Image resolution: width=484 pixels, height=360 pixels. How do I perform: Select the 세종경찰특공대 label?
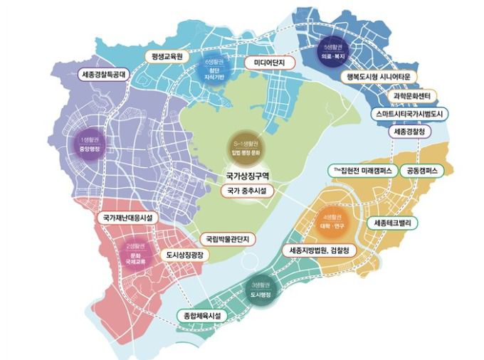tap(109, 73)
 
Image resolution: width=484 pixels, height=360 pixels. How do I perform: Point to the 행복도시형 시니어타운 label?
tap(379, 77)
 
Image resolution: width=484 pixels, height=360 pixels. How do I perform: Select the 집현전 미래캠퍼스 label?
tap(363, 171)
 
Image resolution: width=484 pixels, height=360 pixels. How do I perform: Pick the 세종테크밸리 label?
tap(396, 223)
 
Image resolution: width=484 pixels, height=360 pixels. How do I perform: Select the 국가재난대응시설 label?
tap(128, 217)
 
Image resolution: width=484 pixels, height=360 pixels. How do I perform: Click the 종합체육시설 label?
tap(200, 315)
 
